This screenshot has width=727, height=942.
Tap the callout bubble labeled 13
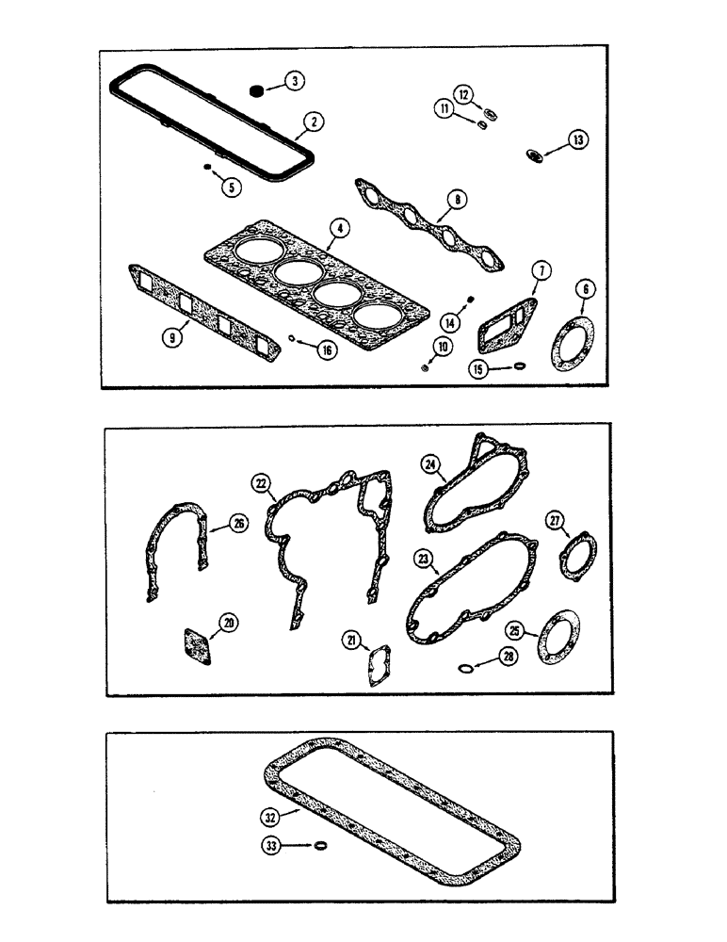pos(575,140)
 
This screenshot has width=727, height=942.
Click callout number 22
pos(260,484)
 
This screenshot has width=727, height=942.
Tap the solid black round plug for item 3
pos(254,90)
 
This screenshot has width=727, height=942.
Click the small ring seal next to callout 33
pos(322,847)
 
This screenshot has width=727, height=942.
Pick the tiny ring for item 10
pos(425,367)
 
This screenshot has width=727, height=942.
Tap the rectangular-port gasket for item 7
pos(507,321)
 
